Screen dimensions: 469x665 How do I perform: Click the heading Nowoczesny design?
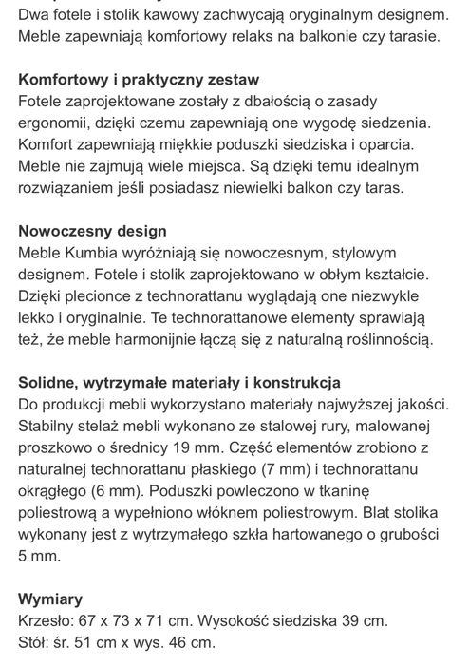click(x=93, y=231)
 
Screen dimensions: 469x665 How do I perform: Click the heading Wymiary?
click(x=51, y=599)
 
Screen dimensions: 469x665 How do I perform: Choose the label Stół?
click(x=38, y=646)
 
